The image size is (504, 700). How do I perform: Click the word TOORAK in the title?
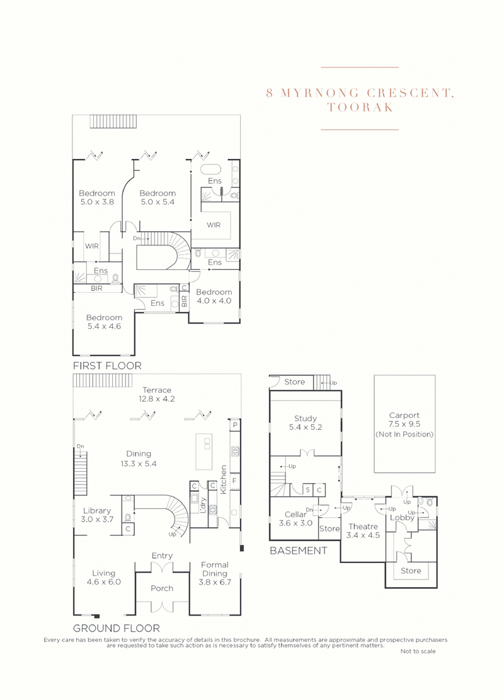[x=360, y=107]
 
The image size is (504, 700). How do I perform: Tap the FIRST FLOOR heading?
[x=107, y=366]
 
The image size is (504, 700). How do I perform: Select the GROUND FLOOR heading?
[x=116, y=628]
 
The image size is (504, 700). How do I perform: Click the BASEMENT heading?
[x=298, y=551]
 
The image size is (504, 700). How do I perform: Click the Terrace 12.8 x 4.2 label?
[x=157, y=394]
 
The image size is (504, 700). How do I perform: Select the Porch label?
[x=162, y=588]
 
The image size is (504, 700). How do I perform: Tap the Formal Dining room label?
[x=214, y=569]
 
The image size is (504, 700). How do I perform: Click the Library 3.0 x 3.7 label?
[x=97, y=515]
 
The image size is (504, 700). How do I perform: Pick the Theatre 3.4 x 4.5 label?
[x=362, y=531]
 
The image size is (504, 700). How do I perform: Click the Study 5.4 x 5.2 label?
[x=306, y=423]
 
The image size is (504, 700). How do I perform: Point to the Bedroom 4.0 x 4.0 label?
[x=214, y=296]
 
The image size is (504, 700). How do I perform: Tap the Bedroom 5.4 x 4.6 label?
[x=104, y=322]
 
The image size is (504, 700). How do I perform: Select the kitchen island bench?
[x=204, y=451]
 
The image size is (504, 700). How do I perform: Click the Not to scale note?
[x=417, y=651]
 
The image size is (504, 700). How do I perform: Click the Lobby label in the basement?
[x=403, y=518]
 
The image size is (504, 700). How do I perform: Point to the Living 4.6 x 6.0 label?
[x=103, y=578]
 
